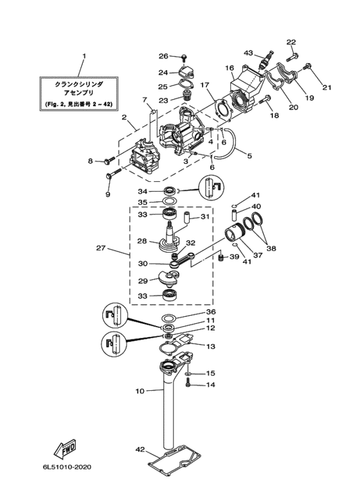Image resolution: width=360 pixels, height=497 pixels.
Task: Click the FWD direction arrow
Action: point(65,448)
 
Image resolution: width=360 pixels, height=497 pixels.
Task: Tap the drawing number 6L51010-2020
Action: point(66,467)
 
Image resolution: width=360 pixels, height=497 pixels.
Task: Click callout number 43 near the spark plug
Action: point(248,53)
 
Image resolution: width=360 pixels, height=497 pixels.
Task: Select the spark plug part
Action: point(265,60)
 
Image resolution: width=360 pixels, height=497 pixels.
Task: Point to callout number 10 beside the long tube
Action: point(139,391)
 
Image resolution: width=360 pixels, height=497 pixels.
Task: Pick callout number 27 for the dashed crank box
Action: point(101,248)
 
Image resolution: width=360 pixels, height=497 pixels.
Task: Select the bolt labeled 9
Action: point(114,174)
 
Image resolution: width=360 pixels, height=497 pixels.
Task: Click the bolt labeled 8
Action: point(109,160)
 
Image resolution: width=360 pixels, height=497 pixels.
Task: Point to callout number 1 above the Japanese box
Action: point(84,56)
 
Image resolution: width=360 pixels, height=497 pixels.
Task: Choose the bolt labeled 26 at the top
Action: point(184,57)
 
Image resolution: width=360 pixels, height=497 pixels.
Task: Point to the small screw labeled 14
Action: point(188,383)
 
